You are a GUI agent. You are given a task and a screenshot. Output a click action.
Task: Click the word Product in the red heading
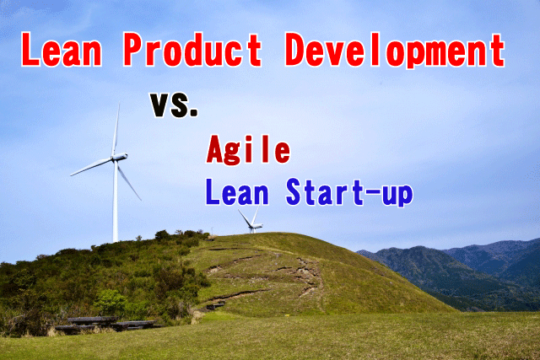192,49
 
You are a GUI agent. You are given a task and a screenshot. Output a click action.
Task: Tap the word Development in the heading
395,51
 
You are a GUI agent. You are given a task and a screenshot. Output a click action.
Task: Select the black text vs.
174,105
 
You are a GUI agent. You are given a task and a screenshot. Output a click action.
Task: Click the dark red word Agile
248,150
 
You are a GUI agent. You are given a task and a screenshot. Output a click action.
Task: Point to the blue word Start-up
349,193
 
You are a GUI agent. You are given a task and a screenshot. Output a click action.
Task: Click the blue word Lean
237,191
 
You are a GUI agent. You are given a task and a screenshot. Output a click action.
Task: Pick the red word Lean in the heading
62,49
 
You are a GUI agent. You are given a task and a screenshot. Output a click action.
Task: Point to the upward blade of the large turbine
116,129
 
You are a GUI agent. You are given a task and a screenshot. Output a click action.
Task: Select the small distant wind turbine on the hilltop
251,221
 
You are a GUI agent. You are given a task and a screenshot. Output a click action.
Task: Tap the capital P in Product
132,49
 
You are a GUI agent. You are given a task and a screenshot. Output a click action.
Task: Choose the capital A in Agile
215,148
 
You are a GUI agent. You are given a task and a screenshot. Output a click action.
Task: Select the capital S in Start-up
294,191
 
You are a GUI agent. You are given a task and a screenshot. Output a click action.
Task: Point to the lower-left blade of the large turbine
91,167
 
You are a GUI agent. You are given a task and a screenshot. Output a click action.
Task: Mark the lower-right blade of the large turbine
128,180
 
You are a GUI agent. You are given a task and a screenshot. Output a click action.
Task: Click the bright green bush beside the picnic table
111,302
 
